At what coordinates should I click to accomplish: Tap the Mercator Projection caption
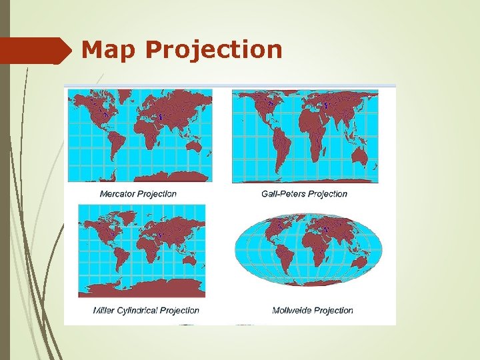[x=138, y=194]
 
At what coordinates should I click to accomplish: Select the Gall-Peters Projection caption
[x=305, y=194]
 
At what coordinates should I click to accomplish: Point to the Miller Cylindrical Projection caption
[x=146, y=310]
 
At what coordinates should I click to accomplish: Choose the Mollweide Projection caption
[x=313, y=310]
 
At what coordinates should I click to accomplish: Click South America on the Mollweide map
[x=283, y=257]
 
